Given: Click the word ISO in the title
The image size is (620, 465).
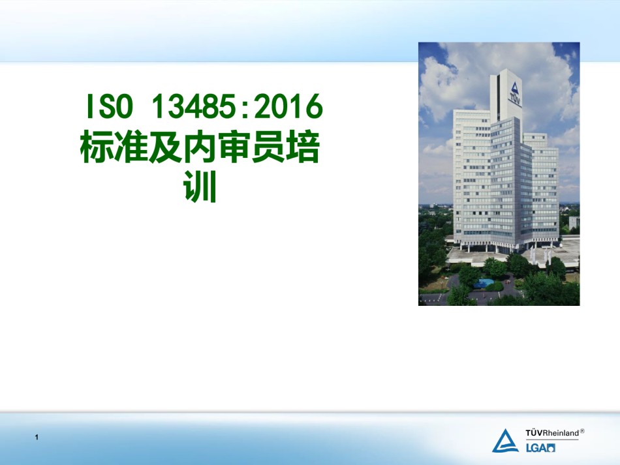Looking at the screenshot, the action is click(x=110, y=106).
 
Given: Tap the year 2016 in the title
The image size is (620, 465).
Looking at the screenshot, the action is click(x=288, y=106).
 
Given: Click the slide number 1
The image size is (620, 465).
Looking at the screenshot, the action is click(x=37, y=437).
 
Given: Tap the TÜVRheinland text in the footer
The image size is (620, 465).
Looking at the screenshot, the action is click(x=552, y=433).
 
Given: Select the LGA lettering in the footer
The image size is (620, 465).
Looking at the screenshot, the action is click(x=536, y=448).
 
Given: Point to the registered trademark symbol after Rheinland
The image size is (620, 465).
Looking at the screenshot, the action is click(x=582, y=431).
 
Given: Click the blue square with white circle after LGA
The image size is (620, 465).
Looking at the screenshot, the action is click(x=551, y=448).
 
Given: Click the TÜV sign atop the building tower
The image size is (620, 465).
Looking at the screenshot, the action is click(x=514, y=94).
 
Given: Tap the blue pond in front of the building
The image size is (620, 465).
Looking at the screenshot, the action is click(x=483, y=283).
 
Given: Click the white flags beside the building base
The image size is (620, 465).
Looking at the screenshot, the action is click(x=540, y=256).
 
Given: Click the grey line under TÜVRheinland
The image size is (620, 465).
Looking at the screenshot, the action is click(x=552, y=440).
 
